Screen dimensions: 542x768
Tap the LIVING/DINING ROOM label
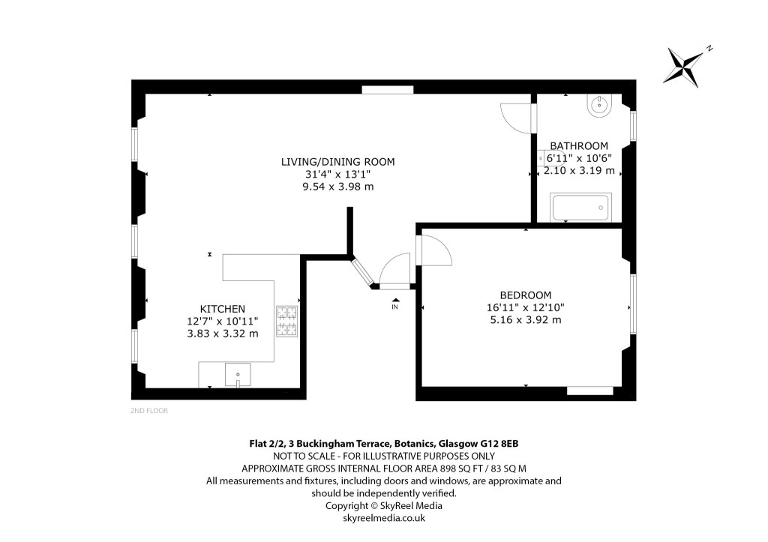point(337,161)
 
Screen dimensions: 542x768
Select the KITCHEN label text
point(222,309)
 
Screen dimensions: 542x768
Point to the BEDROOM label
point(525,295)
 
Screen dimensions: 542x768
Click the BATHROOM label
point(579,145)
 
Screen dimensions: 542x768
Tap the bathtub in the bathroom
point(581,207)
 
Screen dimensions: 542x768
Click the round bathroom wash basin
point(601,105)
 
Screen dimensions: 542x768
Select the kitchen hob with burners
point(287,323)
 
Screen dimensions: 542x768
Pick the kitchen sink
point(238,373)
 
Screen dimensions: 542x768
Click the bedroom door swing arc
point(435,250)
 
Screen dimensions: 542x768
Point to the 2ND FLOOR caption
point(149,411)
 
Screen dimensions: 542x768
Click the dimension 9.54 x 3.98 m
point(337,187)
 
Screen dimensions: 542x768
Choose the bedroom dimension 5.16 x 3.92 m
point(525,320)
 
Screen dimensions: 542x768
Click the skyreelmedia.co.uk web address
point(383,518)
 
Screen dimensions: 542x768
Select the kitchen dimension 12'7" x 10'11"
point(222,321)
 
